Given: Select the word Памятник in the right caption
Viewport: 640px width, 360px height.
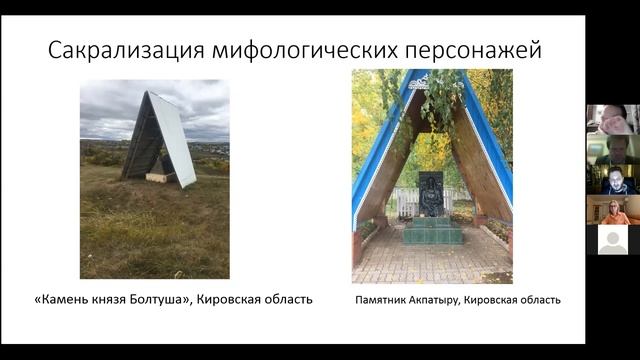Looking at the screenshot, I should pos(383,299).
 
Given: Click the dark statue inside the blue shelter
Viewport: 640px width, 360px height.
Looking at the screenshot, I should pos(431,194).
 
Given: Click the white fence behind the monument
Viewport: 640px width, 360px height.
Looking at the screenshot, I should pos(408,203).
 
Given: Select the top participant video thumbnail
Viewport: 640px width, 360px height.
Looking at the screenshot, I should pos(612,119).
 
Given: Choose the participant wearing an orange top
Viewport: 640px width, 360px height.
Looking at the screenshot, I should pos(612,210).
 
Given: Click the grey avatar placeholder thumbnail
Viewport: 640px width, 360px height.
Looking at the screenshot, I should pos(612,240).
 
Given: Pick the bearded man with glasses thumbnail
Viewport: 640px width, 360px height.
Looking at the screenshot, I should pos(612,180).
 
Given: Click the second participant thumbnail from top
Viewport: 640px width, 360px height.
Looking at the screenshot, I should pos(612,149).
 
